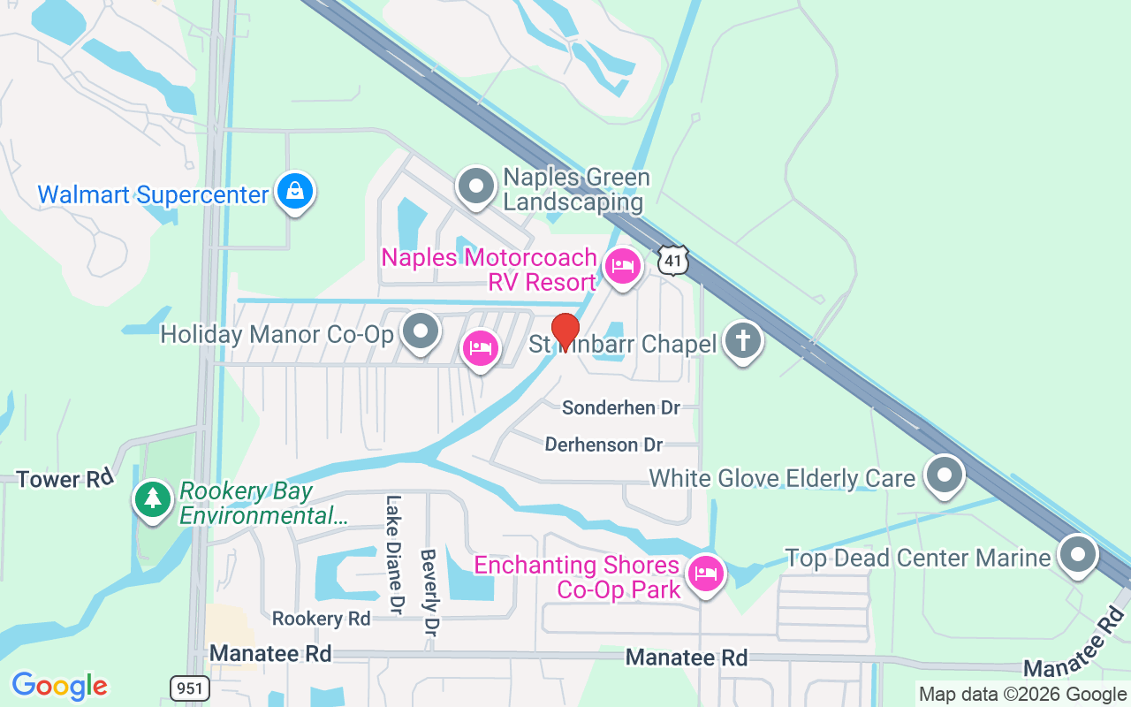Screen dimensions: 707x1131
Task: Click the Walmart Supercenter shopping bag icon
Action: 294,191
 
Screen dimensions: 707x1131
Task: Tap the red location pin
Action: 565,332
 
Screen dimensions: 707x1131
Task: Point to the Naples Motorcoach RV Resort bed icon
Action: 623,265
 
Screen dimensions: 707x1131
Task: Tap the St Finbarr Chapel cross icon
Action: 742,340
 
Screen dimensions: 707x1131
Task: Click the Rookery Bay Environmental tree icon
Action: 153,499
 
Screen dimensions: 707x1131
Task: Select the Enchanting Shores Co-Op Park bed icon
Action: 705,574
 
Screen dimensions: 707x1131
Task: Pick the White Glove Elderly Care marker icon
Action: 945,475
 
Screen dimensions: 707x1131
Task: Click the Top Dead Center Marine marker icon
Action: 1077,555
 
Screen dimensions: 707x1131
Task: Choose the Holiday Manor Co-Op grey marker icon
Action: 421,332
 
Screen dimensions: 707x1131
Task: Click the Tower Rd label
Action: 65,479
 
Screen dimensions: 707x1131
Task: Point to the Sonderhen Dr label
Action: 621,407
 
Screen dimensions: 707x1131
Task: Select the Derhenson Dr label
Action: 603,444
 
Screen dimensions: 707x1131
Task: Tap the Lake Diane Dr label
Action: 393,553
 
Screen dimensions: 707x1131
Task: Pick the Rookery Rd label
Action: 321,619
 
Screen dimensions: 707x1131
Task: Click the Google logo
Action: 59,685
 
